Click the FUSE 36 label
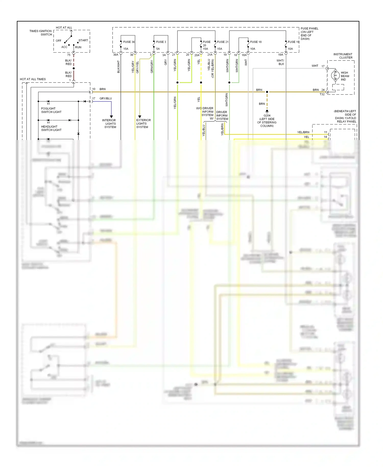[x=129, y=42]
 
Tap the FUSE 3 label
[x=161, y=42]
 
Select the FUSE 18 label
[x=256, y=42]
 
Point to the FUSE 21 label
[x=223, y=42]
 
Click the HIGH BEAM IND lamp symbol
[x=335, y=75]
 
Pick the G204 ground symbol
[x=267, y=111]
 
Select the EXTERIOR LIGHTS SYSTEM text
[x=143, y=124]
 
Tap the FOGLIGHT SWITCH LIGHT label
[x=51, y=110]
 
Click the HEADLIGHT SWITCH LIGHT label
[x=51, y=128]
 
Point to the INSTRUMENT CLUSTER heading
[x=343, y=56]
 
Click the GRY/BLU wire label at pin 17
[x=105, y=98]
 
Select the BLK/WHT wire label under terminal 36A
[x=118, y=67]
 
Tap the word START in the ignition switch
[x=83, y=40]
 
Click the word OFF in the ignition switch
[x=58, y=41]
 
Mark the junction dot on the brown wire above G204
[x=267, y=92]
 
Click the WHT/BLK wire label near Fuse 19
[x=280, y=62]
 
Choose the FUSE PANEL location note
[x=309, y=34]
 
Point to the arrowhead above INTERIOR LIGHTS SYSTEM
[x=111, y=117]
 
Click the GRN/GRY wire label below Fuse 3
[x=152, y=67]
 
